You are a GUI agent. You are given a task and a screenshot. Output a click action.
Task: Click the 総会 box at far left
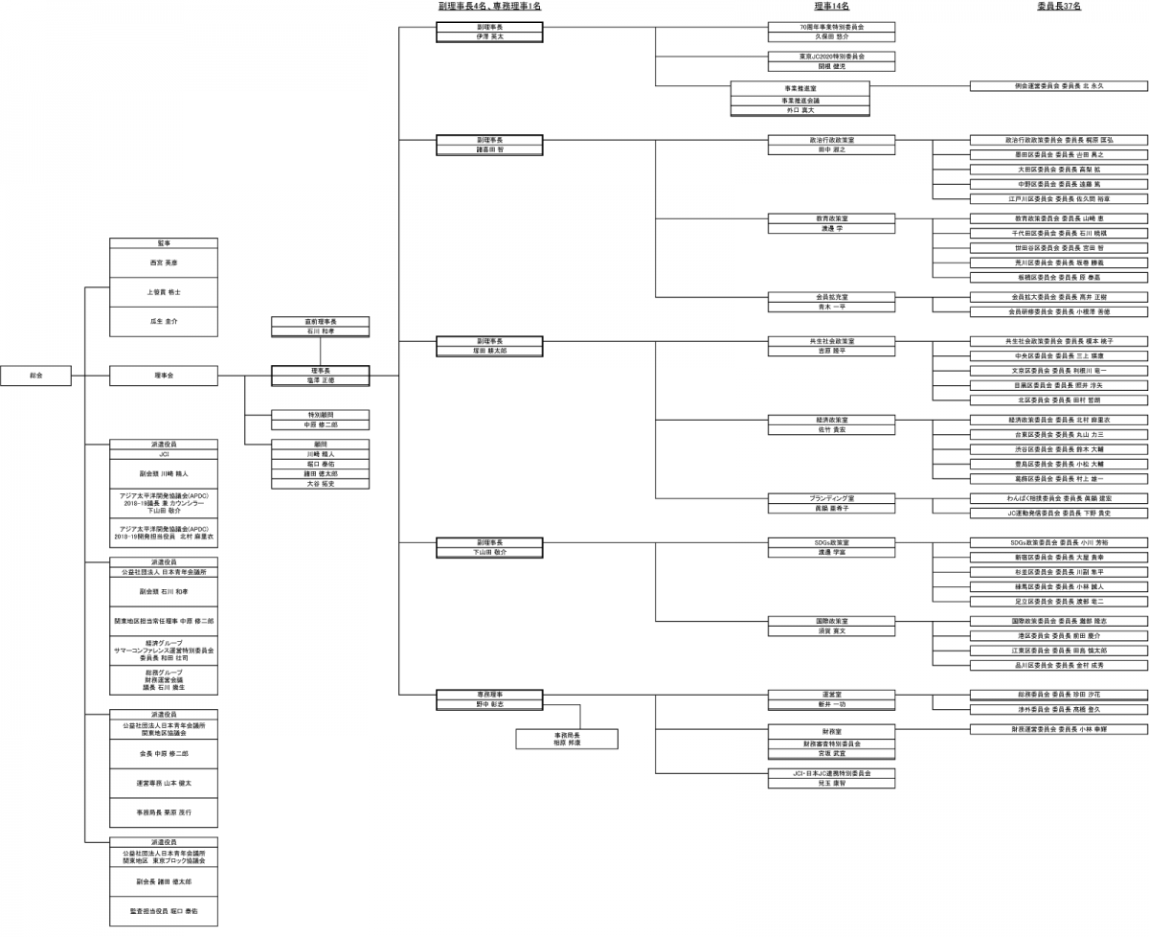pyautogui.click(x=35, y=377)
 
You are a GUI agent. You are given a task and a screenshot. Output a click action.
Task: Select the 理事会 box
pyautogui.click(x=164, y=377)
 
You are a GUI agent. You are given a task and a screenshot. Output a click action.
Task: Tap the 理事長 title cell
pyautogui.click(x=320, y=370)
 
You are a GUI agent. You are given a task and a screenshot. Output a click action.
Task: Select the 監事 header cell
pyautogui.click(x=164, y=242)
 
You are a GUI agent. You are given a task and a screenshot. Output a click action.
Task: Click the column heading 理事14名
pyautogui.click(x=830, y=6)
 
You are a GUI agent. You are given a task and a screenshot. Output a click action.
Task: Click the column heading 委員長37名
pyautogui.click(x=1058, y=6)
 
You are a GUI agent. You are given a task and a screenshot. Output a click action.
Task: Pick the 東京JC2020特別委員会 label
pyautogui.click(x=831, y=57)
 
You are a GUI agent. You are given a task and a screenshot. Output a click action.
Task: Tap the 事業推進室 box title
pyautogui.click(x=800, y=87)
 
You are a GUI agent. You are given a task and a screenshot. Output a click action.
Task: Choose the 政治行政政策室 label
pyautogui.click(x=831, y=139)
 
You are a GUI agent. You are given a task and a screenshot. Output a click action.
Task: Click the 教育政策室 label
pyautogui.click(x=831, y=218)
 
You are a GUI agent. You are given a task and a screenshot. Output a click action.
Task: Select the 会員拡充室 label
pyautogui.click(x=831, y=297)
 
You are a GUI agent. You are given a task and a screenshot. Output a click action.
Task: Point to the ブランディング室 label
pyautogui.click(x=831, y=498)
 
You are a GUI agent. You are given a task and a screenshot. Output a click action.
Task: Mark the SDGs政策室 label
pyautogui.click(x=831, y=542)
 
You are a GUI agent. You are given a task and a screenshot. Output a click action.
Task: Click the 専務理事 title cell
pyautogui.click(x=489, y=694)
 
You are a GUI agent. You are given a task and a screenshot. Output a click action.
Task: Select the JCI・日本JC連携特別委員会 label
pyautogui.click(x=831, y=772)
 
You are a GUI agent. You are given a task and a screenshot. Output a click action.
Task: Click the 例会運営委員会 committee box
pyautogui.click(x=1058, y=86)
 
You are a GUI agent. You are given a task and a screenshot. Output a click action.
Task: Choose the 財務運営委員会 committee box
pyautogui.click(x=1058, y=729)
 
